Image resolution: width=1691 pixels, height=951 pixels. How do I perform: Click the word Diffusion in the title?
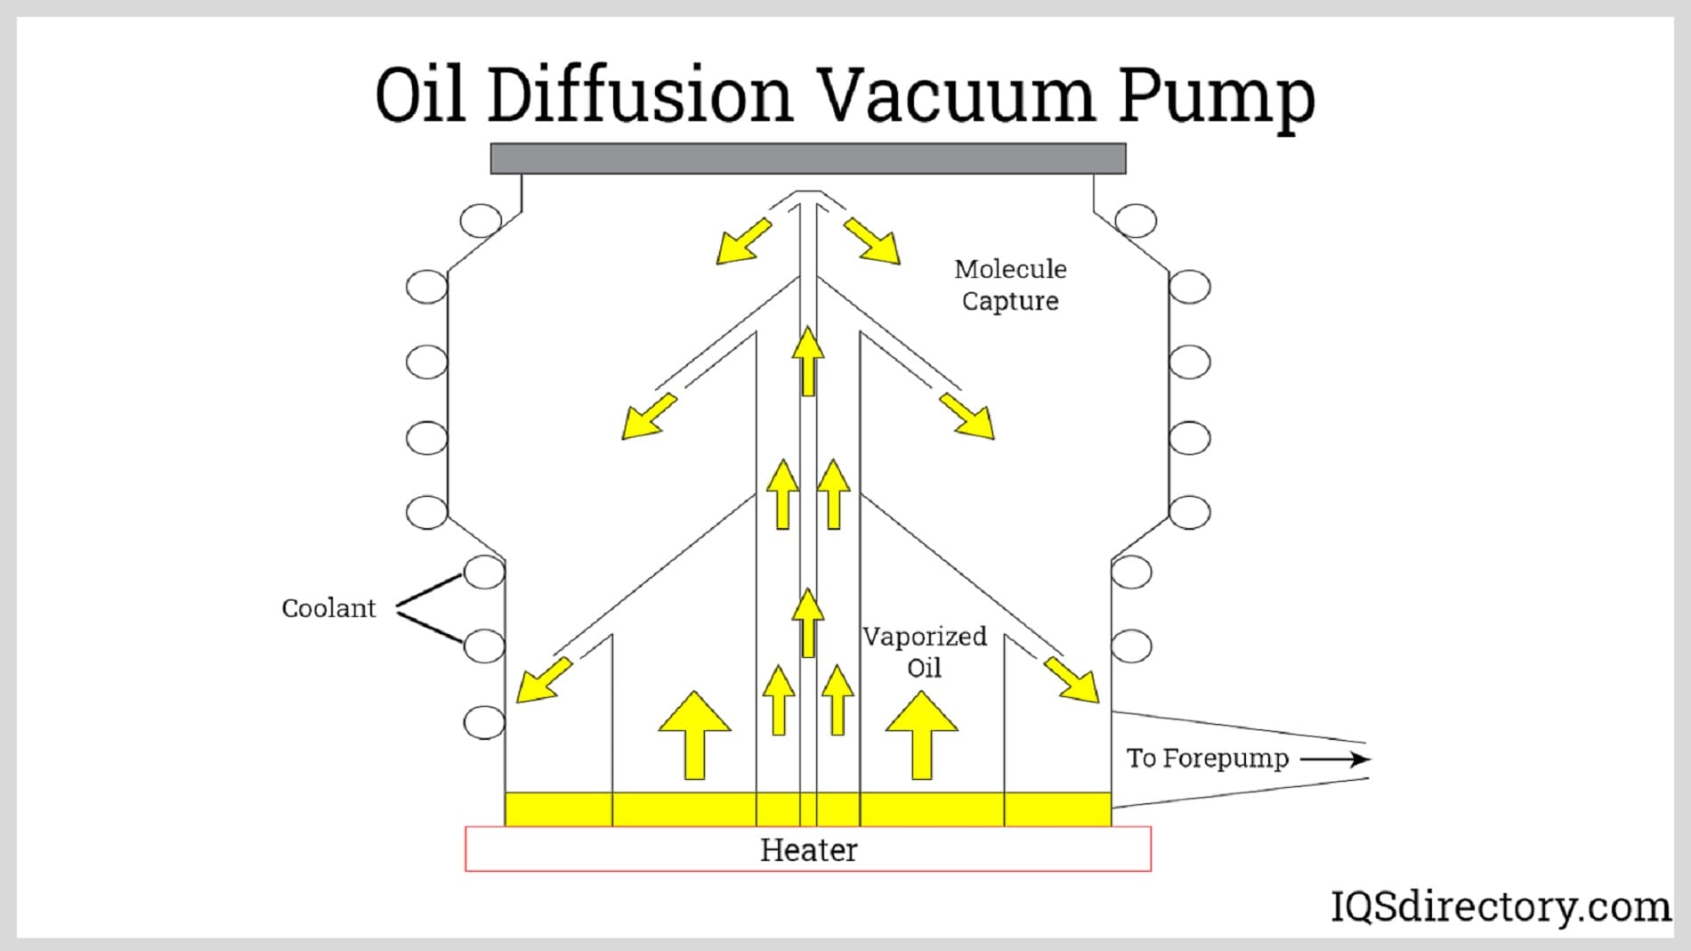tap(639, 95)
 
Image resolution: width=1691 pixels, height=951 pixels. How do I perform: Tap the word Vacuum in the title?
tap(955, 95)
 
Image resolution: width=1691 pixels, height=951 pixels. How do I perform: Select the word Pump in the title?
tap(1216, 97)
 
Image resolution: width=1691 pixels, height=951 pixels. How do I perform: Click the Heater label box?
tap(807, 849)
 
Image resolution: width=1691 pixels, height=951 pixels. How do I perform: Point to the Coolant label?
tap(328, 608)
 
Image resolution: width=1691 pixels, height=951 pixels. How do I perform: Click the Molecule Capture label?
tap(1010, 285)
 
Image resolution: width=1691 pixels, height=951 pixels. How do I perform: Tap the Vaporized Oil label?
tap(924, 652)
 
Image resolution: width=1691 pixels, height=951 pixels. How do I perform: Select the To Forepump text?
tap(1207, 759)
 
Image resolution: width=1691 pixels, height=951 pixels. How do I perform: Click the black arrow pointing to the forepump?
tap(1335, 760)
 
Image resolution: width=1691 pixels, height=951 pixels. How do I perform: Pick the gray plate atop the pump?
tap(807, 158)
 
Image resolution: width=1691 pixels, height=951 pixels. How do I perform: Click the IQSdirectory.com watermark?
tap(1500, 906)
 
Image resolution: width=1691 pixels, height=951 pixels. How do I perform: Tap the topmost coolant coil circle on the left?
tap(481, 220)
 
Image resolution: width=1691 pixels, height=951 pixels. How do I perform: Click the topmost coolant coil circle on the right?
tap(1136, 220)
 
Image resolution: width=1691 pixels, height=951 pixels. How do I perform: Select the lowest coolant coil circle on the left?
tap(484, 721)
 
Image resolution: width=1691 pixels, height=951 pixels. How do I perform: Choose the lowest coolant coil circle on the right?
tap(1131, 646)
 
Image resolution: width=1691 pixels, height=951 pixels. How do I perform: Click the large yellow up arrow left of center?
tap(694, 735)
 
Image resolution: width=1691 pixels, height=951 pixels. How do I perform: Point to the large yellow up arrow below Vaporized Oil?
tap(922, 735)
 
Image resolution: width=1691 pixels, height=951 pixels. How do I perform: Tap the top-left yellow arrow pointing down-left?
tap(743, 241)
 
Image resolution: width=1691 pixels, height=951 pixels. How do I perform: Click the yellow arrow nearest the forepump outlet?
tap(1072, 680)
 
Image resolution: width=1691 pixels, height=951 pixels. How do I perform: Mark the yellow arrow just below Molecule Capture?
tap(967, 416)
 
